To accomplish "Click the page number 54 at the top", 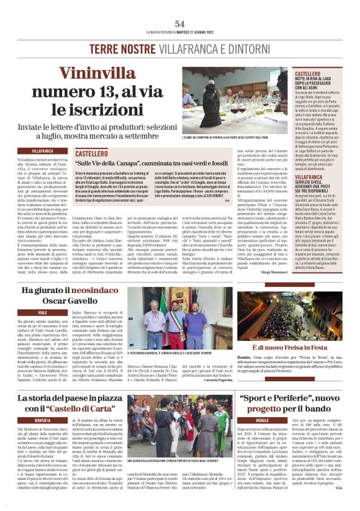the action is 180,23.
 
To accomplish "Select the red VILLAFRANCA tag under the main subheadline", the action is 43,151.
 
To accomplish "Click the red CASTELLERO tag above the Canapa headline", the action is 91,152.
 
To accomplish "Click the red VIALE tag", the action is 43,311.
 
